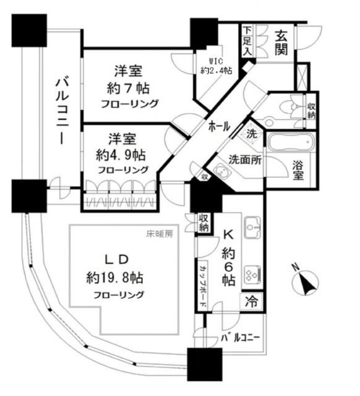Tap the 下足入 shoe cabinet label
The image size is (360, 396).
pyautogui.click(x=247, y=41)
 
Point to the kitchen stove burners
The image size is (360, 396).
pyautogui.click(x=253, y=273)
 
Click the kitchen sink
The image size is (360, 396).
pyautogui.click(x=252, y=228)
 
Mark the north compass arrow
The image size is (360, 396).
pyautogui.click(x=304, y=283)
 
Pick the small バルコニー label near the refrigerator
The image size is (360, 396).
pyautogui.click(x=239, y=339)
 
